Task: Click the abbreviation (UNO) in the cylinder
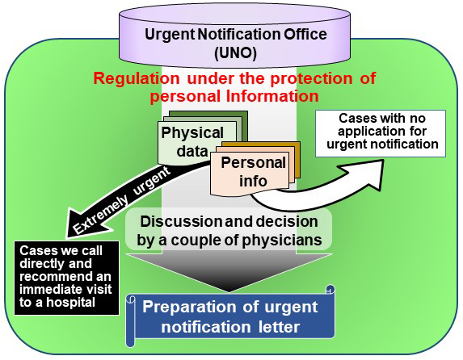coord(235,52)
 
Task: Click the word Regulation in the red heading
coord(136,78)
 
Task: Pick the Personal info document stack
coord(255,169)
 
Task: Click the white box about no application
coord(381,133)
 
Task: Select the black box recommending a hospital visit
coord(67,278)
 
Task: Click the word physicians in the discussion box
coord(282,241)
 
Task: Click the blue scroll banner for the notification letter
coord(230,316)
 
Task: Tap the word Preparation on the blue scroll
coord(189,308)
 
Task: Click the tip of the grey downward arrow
coord(229,292)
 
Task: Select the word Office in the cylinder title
coord(305,35)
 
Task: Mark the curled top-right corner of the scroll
coord(330,289)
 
